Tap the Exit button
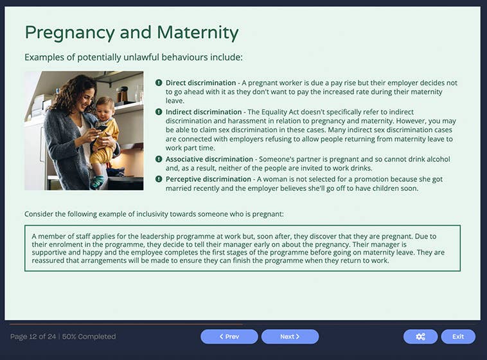pyautogui.click(x=457, y=336)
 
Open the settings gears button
pyautogui.click(x=420, y=336)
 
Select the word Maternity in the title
pyautogui.click(x=194, y=33)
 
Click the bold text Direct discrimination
pyautogui.click(x=200, y=83)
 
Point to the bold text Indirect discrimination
pyautogui.click(x=204, y=112)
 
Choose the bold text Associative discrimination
pyautogui.click(x=209, y=159)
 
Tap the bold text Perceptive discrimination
pyautogui.click(x=208, y=179)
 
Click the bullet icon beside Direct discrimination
pyautogui.click(x=159, y=83)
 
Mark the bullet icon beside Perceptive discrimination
pyautogui.click(x=159, y=179)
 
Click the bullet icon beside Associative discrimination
pyautogui.click(x=159, y=159)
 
